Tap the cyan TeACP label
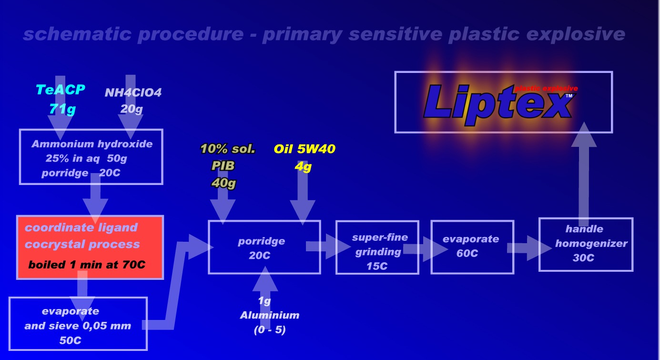60,90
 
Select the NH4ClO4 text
133,93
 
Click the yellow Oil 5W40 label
305,149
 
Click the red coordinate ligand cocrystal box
90,247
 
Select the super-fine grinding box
377,247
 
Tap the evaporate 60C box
472,247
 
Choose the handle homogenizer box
586,244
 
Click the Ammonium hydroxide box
91,156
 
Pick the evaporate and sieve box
78,324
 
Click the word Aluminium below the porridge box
270,315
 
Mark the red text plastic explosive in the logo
546,89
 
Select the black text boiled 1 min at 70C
93,264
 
